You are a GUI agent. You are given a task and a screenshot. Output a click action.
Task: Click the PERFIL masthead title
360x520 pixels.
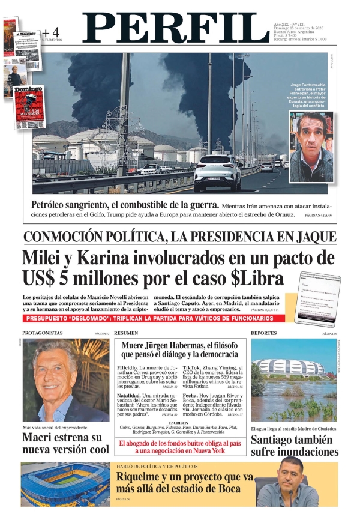(175, 29)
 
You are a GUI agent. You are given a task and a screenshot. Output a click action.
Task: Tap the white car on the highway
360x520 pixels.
(217, 172)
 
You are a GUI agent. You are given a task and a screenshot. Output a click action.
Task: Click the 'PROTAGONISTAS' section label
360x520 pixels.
(42, 333)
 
